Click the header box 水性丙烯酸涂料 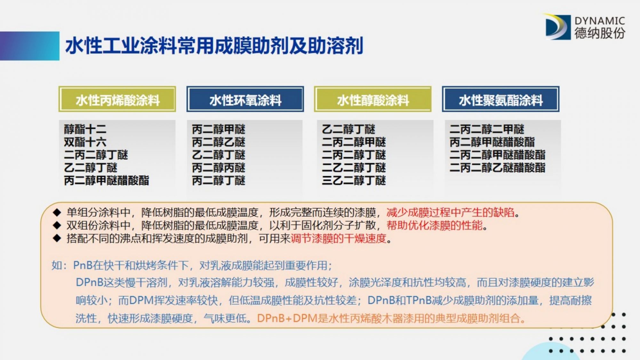pyautogui.click(x=117, y=99)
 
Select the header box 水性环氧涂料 pyautogui.click(x=245, y=99)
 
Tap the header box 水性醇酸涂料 pyautogui.click(x=373, y=99)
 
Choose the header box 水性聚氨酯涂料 pyautogui.click(x=501, y=99)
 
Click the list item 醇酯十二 pyautogui.click(x=85, y=129)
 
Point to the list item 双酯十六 pyautogui.click(x=85, y=142)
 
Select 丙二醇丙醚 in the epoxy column pyautogui.click(x=219, y=168)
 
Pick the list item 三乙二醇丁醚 pyautogui.click(x=354, y=180)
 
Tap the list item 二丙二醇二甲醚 pyautogui.click(x=487, y=129)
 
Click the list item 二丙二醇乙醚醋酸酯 pyautogui.click(x=498, y=168)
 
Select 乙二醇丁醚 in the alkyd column pyautogui.click(x=348, y=129)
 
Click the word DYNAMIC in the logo pyautogui.click(x=600, y=21)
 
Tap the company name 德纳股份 pyautogui.click(x=600, y=33)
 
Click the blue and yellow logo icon pyautogui.click(x=557, y=27)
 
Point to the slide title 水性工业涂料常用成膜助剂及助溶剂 pyautogui.click(x=214, y=46)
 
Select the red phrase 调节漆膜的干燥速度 pyautogui.click(x=339, y=238)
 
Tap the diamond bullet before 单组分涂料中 pyautogui.click(x=57, y=212)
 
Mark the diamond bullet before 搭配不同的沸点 pyautogui.click(x=57, y=238)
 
